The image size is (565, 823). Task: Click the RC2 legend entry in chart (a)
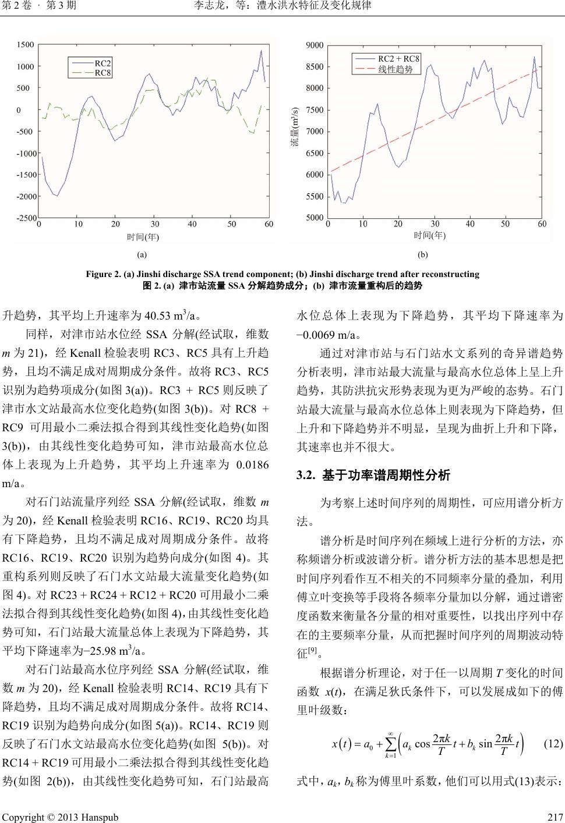[x=103, y=62]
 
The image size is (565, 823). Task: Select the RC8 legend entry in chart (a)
[x=103, y=73]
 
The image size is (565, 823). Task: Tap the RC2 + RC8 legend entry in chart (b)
[x=398, y=58]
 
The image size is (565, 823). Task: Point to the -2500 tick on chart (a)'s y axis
[x=26, y=218]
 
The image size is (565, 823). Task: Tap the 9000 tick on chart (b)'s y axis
[x=315, y=45]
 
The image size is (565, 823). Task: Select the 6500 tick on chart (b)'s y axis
[x=315, y=154]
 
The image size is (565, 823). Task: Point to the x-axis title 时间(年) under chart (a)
[x=143, y=236]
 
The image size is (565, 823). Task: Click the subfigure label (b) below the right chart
[x=423, y=254]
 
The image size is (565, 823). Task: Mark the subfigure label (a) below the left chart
[x=142, y=254]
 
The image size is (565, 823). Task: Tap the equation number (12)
[x=553, y=743]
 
